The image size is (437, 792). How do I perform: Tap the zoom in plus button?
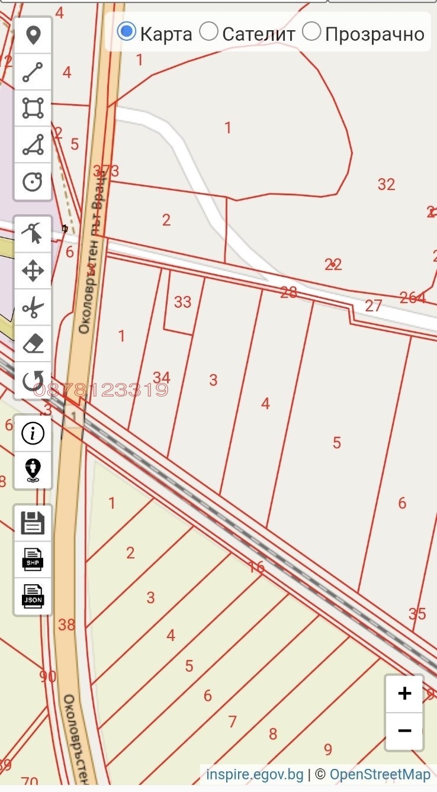pos(404,693)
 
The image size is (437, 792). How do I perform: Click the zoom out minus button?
pos(404,730)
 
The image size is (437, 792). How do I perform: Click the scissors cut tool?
pos(33,308)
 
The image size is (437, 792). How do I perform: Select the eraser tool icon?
pos(33,344)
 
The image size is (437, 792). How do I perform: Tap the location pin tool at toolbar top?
pos(33,36)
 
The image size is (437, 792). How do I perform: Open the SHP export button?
pos(33,559)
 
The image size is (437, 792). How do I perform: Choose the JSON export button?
pos(33,595)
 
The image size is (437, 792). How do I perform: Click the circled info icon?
pos(33,434)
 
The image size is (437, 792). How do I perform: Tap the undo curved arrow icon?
pos(33,381)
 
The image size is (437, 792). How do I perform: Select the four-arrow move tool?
pos(33,272)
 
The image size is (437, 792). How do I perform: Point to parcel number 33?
pos(182,302)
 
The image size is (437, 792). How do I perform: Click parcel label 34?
pos(161,377)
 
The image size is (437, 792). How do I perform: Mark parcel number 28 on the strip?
pos(288,292)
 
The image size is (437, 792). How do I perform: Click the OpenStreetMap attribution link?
pos(380,774)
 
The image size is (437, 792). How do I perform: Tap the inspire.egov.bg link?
pos(255,774)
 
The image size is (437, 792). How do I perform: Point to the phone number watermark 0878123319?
pos(101,390)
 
